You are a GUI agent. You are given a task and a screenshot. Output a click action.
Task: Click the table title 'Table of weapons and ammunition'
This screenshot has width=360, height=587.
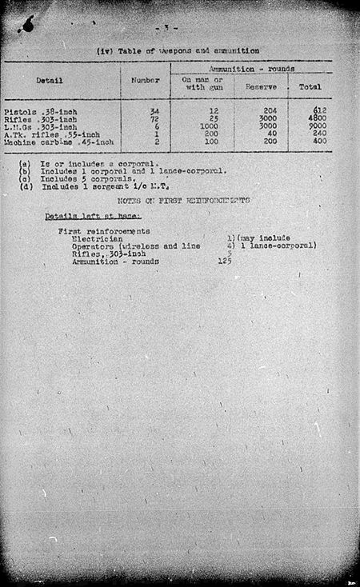point(178,51)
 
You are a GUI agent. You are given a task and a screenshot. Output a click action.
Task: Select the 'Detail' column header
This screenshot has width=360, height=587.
point(50,80)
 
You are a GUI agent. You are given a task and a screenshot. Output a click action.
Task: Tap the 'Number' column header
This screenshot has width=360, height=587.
point(145,80)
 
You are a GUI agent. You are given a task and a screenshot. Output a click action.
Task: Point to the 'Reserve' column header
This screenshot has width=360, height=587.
point(261,86)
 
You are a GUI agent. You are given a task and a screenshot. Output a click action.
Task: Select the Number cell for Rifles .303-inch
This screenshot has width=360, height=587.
point(155,118)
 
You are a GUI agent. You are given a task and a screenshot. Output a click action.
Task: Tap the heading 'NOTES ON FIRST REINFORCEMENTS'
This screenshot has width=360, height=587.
point(182,200)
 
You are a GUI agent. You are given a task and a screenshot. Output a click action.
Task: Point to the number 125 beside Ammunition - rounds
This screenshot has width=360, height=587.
point(224,261)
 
